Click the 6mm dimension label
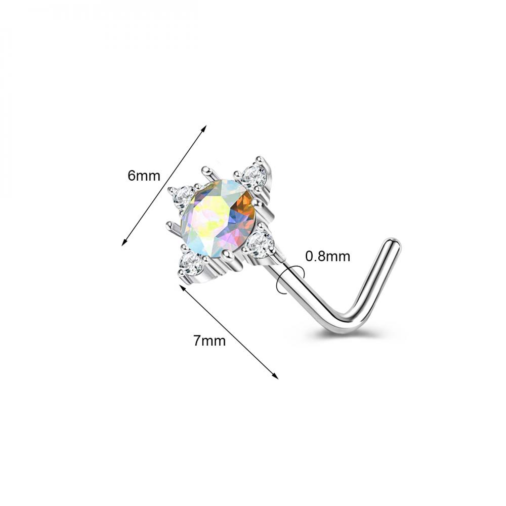144,176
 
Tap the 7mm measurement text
209,341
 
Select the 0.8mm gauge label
327,257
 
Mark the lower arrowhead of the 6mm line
124,243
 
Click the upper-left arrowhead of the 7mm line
182,288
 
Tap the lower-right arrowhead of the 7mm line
275,376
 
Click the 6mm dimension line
164,185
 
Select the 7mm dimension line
229,332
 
